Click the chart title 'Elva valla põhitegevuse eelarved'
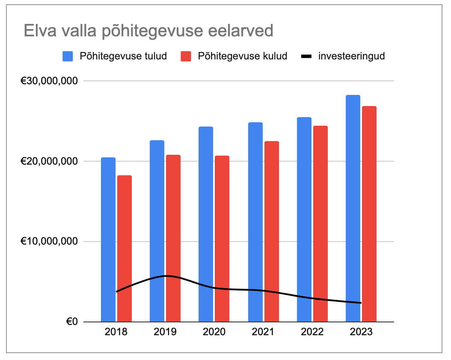click(x=148, y=31)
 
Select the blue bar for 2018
click(x=108, y=239)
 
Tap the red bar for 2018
click(x=125, y=248)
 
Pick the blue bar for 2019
click(x=157, y=231)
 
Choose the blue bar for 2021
click(x=255, y=222)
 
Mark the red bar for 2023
click(x=369, y=214)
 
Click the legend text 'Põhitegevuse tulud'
click(x=123, y=56)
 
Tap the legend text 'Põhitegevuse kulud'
click(x=243, y=56)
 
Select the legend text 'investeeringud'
click(x=351, y=56)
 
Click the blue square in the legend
click(x=68, y=56)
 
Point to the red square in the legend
click(x=186, y=56)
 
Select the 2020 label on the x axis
click(x=214, y=332)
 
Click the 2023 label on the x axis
click(x=361, y=332)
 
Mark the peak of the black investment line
click(x=166, y=276)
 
